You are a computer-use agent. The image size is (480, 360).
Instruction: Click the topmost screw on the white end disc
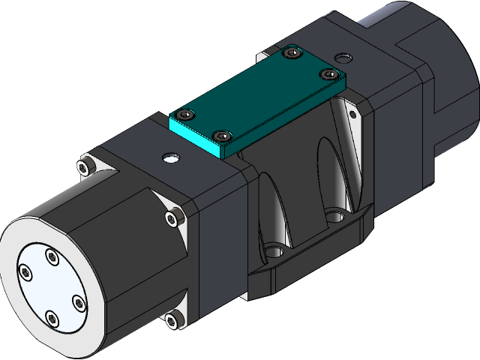52,257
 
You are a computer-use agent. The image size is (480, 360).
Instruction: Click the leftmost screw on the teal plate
185,115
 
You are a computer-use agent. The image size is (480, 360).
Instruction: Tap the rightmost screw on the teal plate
327,74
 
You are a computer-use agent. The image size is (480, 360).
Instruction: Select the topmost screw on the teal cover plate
292,52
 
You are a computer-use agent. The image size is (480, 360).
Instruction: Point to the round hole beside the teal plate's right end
343,57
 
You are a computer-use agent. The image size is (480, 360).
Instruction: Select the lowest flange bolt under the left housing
172,320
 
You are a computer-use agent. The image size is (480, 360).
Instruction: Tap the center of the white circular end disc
51,288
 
